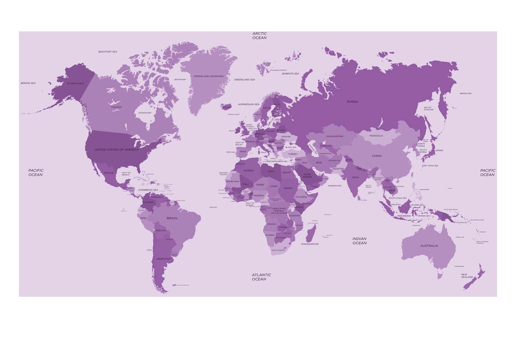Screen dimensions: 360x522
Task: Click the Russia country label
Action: point(352,102)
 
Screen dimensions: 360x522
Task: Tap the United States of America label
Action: point(117,149)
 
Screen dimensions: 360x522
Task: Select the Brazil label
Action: point(172,218)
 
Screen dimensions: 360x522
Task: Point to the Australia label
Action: point(429,245)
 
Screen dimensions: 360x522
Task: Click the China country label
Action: point(377,156)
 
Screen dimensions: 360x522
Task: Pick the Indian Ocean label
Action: point(360,241)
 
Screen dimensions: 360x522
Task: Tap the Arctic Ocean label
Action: point(260,36)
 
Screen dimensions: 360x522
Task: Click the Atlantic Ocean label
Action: point(261,277)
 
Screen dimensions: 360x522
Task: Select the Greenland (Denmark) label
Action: point(209,76)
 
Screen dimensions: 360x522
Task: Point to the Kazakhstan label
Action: point(335,136)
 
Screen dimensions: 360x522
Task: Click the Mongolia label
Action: point(376,135)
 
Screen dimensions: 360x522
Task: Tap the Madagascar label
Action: point(310,244)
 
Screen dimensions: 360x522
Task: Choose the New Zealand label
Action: point(467,276)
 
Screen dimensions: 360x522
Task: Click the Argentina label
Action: point(163,259)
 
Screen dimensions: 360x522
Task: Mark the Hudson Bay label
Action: point(145,113)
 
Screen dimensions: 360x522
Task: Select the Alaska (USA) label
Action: point(76,83)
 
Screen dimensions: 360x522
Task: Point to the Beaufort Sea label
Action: point(108,52)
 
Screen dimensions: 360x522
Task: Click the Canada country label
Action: point(116,107)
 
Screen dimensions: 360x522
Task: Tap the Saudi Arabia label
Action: point(307,176)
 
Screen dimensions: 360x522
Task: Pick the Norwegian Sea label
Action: point(249,104)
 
